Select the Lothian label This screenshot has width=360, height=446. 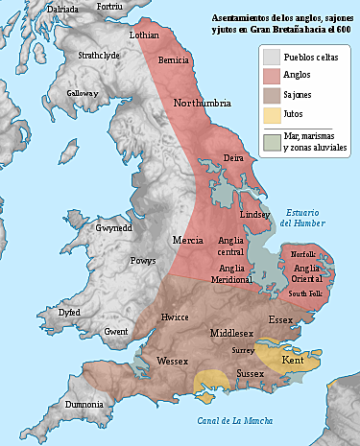pos(144,34)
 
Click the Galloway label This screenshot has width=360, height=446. pos(83,93)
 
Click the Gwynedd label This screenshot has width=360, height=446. pos(113,228)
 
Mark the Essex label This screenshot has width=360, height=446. pos(281,318)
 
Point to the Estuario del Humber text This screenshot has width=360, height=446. pos(302,218)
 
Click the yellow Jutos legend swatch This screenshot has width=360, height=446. pos(273,115)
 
